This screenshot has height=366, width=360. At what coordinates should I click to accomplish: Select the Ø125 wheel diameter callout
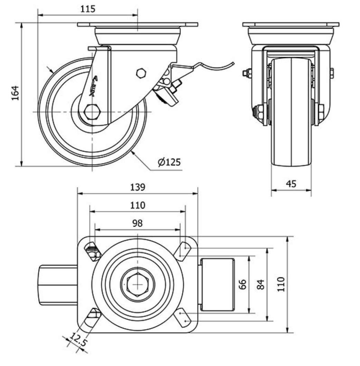tap(169, 162)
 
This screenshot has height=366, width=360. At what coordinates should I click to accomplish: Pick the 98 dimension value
tap(138, 223)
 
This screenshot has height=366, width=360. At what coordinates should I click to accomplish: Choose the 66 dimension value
tap(243, 285)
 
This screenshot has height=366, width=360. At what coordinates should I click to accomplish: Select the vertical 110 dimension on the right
tap(281, 284)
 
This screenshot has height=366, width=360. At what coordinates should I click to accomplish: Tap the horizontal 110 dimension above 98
tap(138, 205)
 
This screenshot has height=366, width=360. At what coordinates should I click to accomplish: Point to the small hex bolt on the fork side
tap(141, 73)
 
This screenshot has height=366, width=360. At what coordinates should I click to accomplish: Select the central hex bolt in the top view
tap(138, 284)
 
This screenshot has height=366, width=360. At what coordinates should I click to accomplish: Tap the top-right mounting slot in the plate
tap(183, 249)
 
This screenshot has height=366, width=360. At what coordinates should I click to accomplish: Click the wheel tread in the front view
tap(291, 114)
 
